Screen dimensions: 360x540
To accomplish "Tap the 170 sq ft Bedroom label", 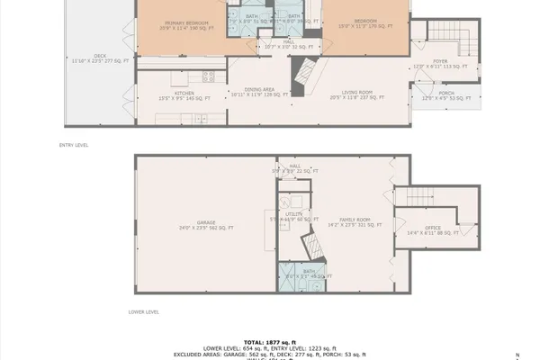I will click(364, 22).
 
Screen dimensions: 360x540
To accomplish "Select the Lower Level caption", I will click(143, 312).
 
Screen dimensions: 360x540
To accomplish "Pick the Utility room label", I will click(289, 216).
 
